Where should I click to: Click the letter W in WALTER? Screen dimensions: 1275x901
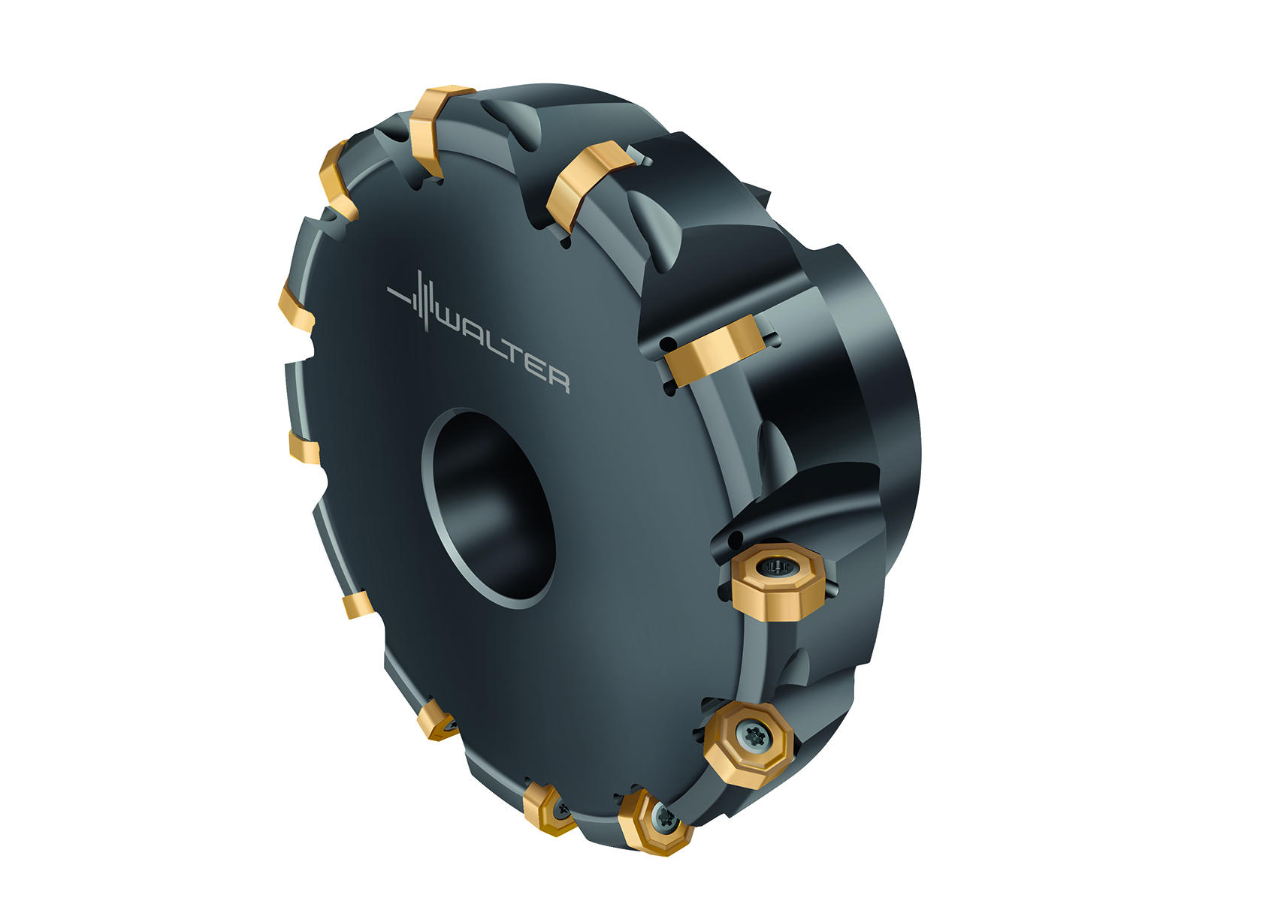[453, 327]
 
